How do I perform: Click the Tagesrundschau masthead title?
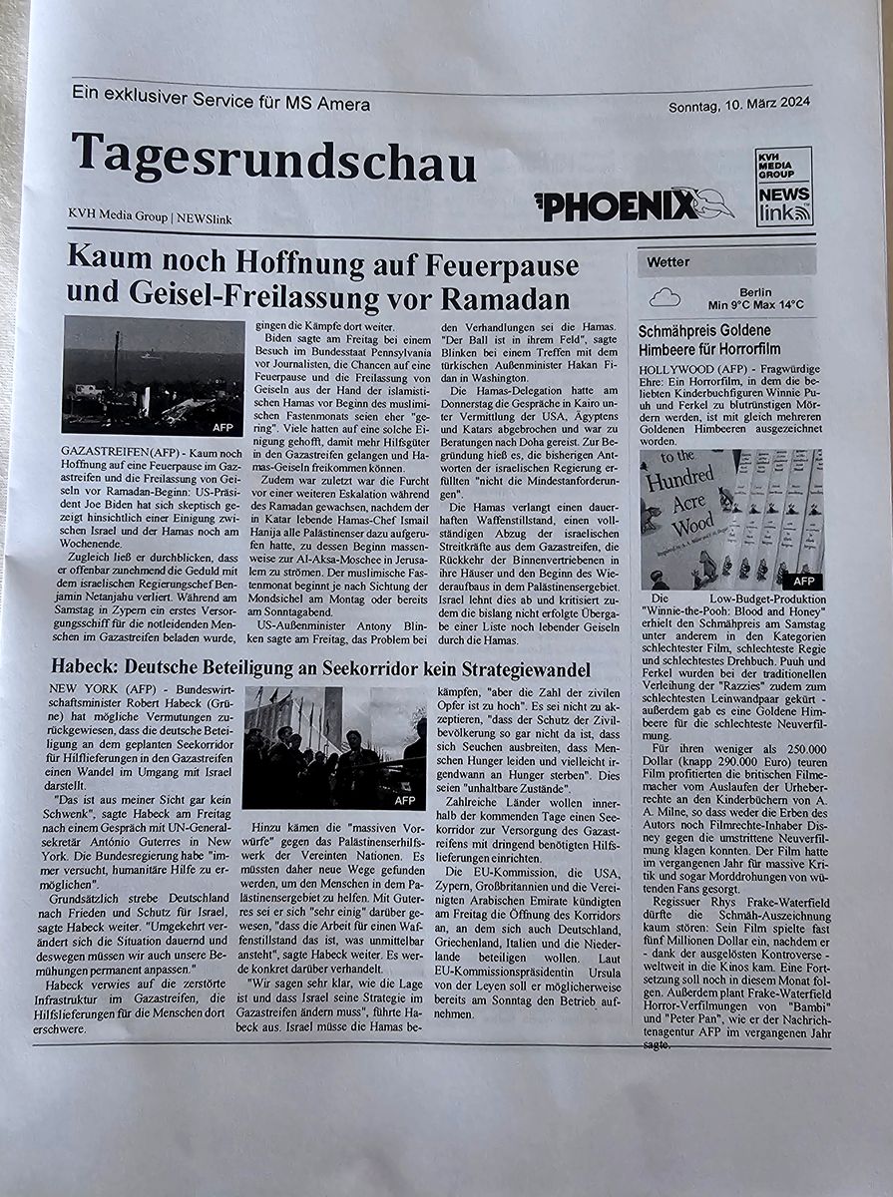click(272, 160)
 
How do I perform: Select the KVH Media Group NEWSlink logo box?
click(783, 187)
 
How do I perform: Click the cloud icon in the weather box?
click(665, 297)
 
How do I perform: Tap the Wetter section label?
click(668, 262)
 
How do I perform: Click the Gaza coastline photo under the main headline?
click(152, 375)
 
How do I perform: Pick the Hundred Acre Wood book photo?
click(731, 519)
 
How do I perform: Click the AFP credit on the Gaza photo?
click(223, 427)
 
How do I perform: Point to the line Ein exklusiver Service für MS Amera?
click(221, 104)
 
